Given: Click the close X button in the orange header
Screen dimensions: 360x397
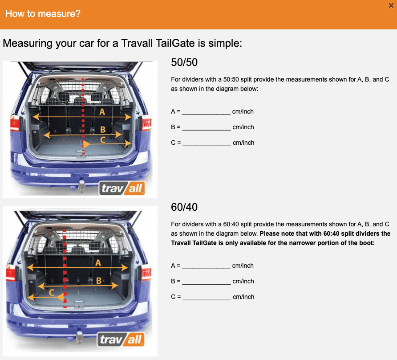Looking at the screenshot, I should tap(391, 5).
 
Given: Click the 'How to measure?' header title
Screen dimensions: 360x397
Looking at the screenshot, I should tap(43, 14).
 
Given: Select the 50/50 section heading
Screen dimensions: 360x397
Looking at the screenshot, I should tap(184, 62).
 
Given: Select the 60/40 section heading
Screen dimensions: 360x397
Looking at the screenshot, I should tap(184, 207).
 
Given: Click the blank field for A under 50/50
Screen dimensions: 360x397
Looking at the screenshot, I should tap(206, 112).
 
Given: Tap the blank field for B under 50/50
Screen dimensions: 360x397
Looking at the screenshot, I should tap(206, 127).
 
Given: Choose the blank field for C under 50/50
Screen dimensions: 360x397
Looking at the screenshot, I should tap(207, 143).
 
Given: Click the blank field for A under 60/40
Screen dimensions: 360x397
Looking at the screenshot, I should tap(206, 266).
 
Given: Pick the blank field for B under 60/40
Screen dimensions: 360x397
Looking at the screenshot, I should tap(206, 282).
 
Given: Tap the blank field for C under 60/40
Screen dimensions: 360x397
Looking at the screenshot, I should tap(207, 297).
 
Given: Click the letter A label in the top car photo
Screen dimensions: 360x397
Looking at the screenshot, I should tap(102, 112).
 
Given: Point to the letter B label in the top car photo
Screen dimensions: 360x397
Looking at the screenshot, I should tap(102, 130).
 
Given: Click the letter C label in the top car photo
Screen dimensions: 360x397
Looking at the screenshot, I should tap(103, 140).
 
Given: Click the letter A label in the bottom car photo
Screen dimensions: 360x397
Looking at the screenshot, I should tap(98, 263).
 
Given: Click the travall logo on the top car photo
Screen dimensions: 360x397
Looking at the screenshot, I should tap(122, 188).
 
